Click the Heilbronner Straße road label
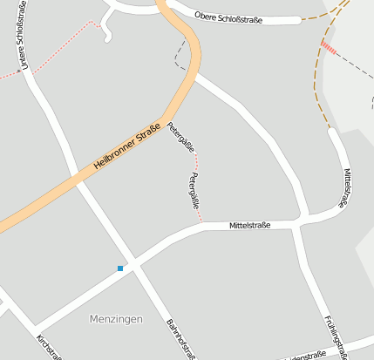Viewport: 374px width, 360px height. point(126,148)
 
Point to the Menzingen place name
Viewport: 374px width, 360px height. point(116,319)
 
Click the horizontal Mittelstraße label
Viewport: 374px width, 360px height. point(250,225)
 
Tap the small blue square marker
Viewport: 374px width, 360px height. point(120,268)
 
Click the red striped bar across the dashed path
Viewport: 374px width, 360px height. point(329,47)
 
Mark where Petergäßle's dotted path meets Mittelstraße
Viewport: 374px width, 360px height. point(201,222)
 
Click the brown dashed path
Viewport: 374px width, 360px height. point(320,96)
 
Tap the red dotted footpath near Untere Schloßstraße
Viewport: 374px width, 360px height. point(61,44)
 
